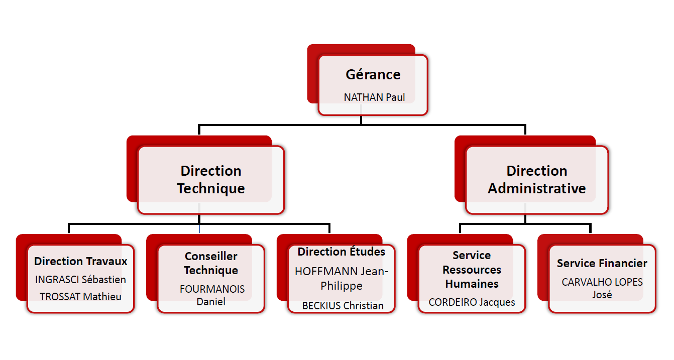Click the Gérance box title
tap(373, 75)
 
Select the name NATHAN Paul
tap(374, 97)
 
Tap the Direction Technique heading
tap(211, 179)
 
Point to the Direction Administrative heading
tap(536, 179)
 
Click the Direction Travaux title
tap(81, 261)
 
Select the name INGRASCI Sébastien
tap(81, 280)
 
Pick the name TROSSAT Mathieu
tap(81, 296)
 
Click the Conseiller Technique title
tap(211, 263)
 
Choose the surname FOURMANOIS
tap(212, 289)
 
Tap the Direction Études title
tap(342, 252)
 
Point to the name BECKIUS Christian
tap(343, 305)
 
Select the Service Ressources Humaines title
tap(472, 270)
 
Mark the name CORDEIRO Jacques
tap(472, 302)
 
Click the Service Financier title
tap(602, 263)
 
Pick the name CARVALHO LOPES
tap(602, 282)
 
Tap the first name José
tap(602, 294)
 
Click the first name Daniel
tap(211, 301)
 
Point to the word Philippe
tap(342, 286)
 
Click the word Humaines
tap(472, 284)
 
